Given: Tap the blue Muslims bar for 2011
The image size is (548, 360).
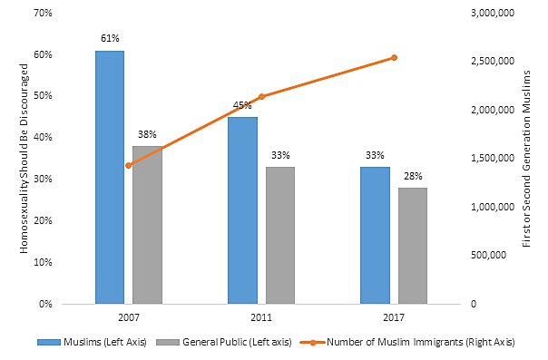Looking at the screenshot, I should pyautogui.click(x=242, y=209).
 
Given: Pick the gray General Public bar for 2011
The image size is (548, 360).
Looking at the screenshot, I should pyautogui.click(x=279, y=235).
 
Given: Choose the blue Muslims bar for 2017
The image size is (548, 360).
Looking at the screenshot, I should pyautogui.click(x=375, y=235).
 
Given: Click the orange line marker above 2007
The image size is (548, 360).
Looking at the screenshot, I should pyautogui.click(x=128, y=165).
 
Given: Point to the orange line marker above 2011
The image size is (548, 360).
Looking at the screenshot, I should pyautogui.click(x=261, y=96).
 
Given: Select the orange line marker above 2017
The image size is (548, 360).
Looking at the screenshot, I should pyautogui.click(x=394, y=57).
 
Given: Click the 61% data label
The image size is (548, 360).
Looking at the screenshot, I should pyautogui.click(x=110, y=39).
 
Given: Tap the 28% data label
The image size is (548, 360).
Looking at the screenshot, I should pyautogui.click(x=412, y=176).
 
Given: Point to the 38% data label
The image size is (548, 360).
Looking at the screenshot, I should pyautogui.click(x=147, y=134).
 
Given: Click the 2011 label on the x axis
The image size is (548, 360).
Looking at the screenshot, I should pyautogui.click(x=261, y=317).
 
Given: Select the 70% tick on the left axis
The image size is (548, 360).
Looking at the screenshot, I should pyautogui.click(x=42, y=13).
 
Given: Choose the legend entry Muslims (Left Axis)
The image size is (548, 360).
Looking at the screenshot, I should pyautogui.click(x=83, y=343).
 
